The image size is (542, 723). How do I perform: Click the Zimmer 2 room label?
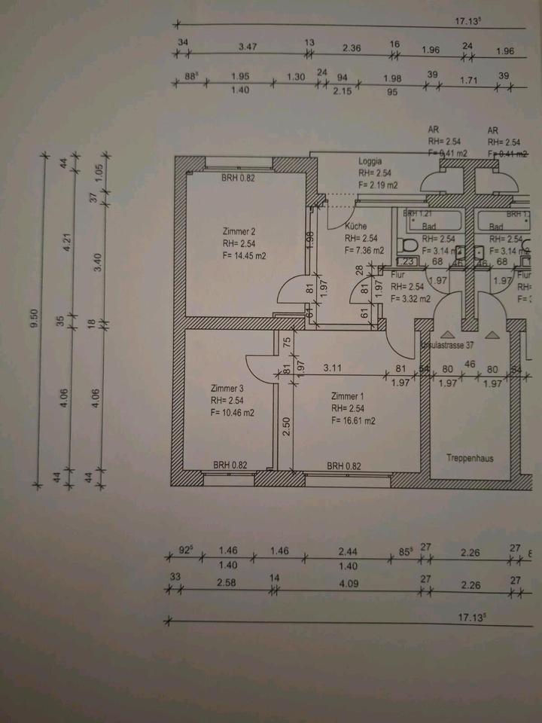click(x=240, y=231)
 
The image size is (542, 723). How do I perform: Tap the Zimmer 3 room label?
click(x=228, y=389)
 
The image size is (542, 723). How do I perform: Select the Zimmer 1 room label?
click(x=347, y=396)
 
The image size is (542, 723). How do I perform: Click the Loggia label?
click(x=370, y=161)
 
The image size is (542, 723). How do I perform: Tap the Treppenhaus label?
click(x=469, y=457)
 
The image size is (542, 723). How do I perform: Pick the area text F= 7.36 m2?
click(x=364, y=251)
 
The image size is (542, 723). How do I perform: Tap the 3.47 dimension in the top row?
click(x=247, y=47)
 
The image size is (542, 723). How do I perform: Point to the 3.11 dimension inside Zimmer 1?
click(x=334, y=368)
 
